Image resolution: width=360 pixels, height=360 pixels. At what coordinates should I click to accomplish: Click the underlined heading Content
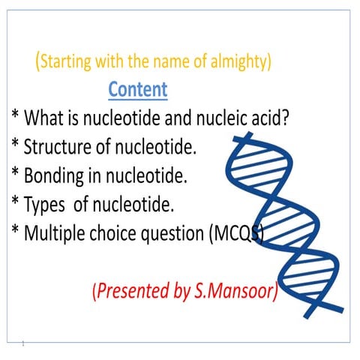(x=138, y=89)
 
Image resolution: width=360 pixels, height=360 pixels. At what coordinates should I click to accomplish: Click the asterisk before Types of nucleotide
(x=15, y=201)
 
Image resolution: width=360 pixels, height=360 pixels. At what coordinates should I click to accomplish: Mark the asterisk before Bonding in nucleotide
(x=15, y=172)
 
